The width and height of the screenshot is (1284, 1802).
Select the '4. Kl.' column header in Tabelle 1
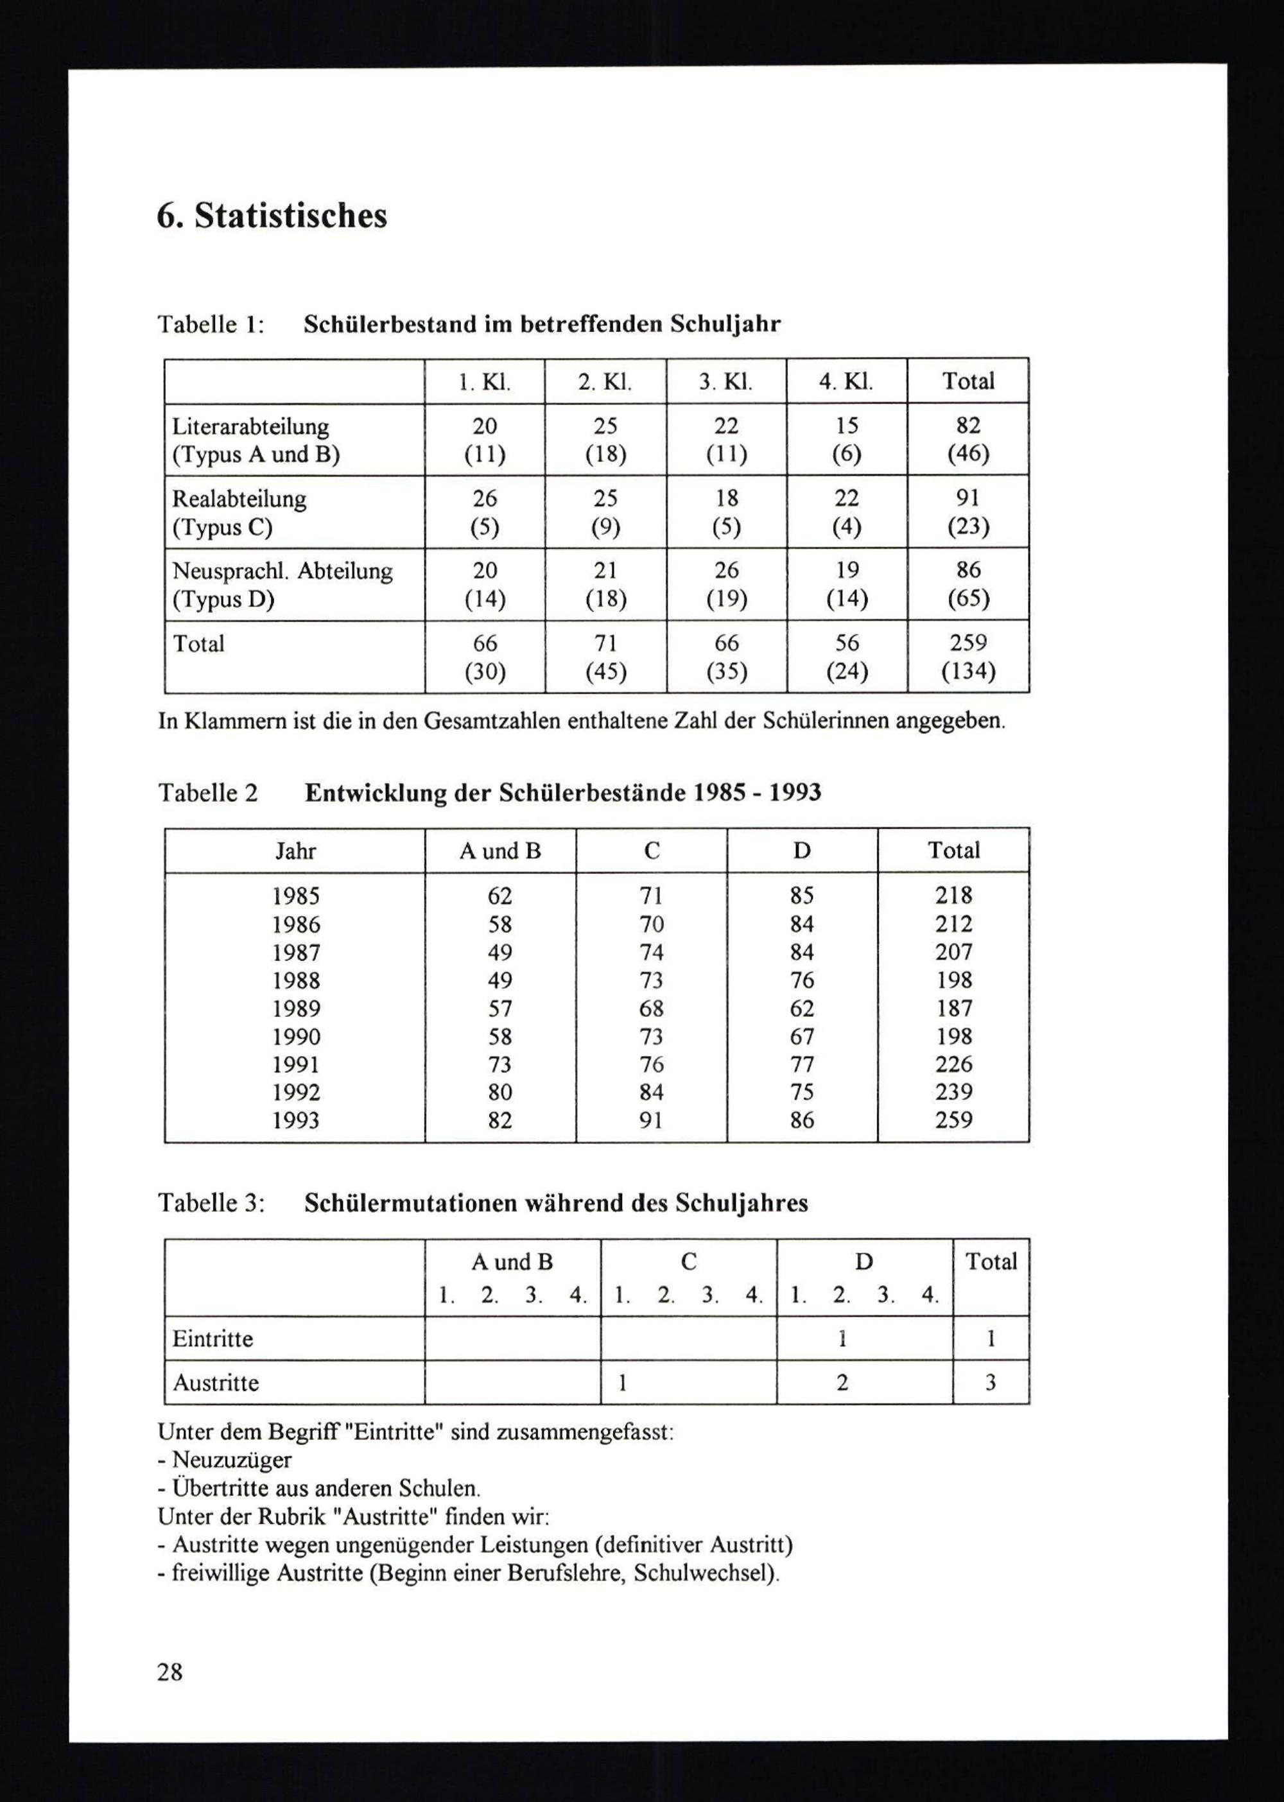click(846, 381)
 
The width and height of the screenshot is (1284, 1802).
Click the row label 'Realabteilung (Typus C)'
click(239, 512)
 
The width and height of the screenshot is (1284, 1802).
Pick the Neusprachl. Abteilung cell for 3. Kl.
click(726, 584)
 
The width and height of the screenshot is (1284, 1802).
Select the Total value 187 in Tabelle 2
click(953, 1008)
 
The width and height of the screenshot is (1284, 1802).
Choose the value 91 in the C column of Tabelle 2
click(651, 1120)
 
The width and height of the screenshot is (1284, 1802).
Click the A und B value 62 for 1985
click(499, 896)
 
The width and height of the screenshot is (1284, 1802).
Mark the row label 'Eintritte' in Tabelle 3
click(213, 1339)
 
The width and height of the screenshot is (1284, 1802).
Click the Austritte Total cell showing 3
click(990, 1382)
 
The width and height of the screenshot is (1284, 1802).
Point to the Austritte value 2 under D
click(842, 1382)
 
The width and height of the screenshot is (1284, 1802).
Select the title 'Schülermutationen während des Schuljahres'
click(556, 1204)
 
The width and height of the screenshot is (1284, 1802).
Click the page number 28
click(170, 1672)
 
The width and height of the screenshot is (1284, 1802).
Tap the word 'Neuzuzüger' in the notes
click(232, 1460)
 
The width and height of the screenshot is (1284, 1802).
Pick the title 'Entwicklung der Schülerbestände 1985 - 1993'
click(563, 792)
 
